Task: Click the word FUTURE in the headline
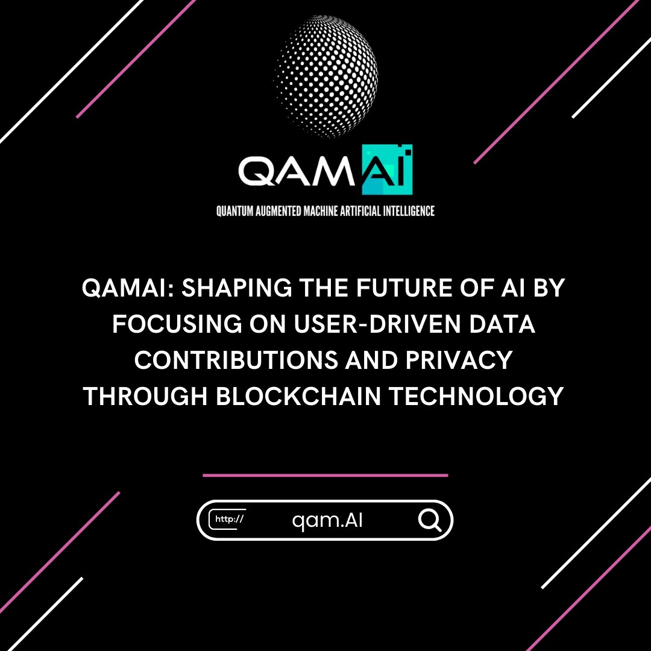[x=386, y=289]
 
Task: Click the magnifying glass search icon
[x=430, y=520]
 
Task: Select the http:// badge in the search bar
[x=228, y=520]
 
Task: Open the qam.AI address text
[x=327, y=520]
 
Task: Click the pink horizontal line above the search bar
[x=325, y=475]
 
